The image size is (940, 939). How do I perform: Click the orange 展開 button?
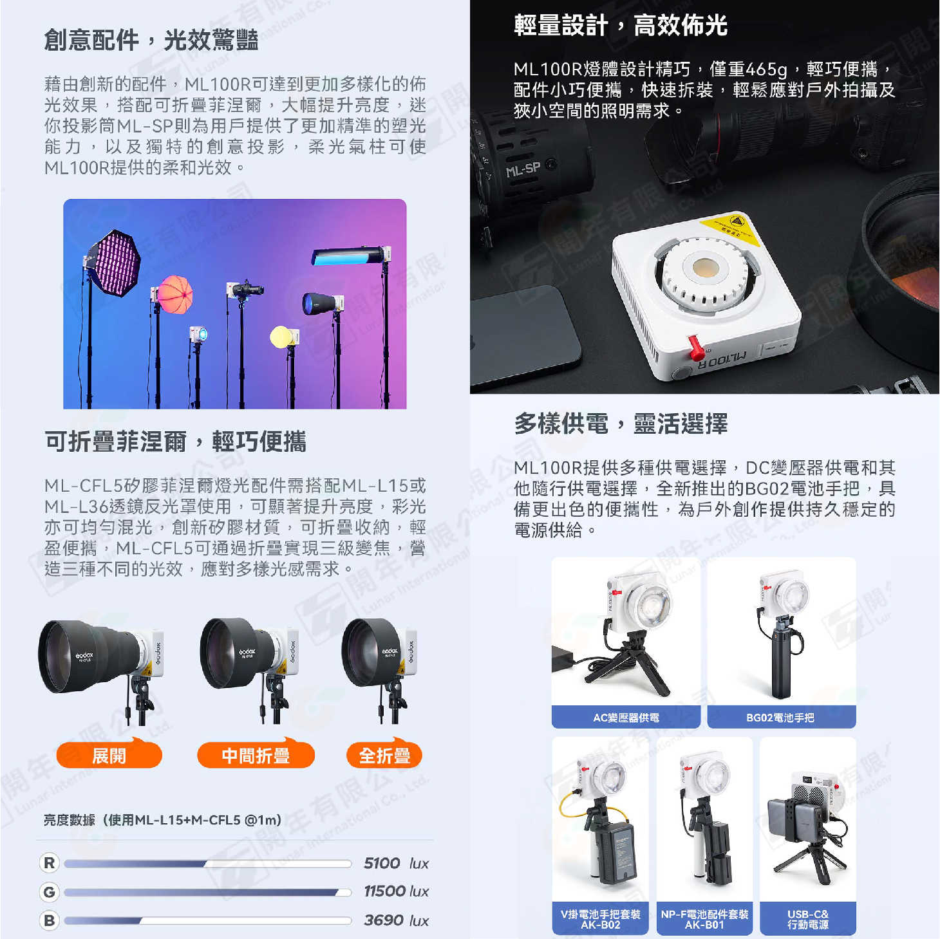coord(109,755)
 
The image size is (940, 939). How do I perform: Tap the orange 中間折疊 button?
coord(256,755)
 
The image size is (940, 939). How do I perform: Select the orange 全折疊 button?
coord(384,755)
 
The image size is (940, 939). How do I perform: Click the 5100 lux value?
coord(396,863)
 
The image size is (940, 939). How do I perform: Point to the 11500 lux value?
coord(396,891)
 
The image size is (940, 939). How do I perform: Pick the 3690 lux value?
coord(396,920)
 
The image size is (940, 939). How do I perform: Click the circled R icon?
coord(50,863)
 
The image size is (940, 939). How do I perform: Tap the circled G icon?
coord(50,892)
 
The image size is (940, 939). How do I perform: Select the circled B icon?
coord(50,920)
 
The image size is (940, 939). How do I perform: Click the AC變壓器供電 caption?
coord(626,718)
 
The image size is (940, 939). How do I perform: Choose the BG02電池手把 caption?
coord(780,718)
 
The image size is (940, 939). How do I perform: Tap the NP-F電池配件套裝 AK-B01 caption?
coord(704,919)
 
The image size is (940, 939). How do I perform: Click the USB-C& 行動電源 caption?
coord(807,919)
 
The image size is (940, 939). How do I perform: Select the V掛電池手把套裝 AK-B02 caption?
coord(600,919)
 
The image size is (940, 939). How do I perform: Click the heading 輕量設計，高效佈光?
coord(620,26)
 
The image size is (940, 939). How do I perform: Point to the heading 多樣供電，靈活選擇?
coord(620,424)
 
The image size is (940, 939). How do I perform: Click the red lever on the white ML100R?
coord(695,346)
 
